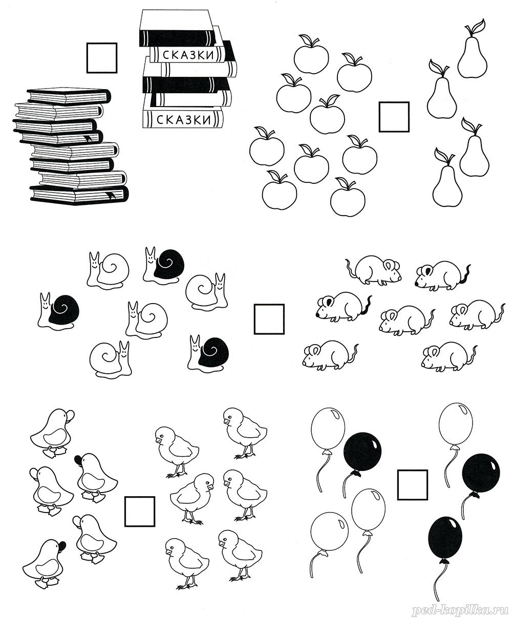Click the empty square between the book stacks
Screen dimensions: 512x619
click(102, 58)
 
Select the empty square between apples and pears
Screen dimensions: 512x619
click(394, 117)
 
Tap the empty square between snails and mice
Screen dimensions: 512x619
click(269, 318)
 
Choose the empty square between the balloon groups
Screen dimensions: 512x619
click(412, 485)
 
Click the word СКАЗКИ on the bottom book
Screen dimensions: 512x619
click(183, 119)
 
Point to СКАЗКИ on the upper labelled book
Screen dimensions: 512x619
click(188, 55)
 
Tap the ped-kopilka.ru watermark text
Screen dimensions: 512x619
click(460, 609)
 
